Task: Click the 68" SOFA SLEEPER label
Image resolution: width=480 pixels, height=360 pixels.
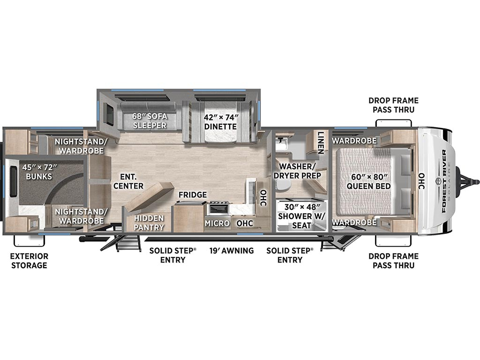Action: [x=150, y=121]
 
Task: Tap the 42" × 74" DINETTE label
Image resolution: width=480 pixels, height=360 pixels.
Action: [x=221, y=122]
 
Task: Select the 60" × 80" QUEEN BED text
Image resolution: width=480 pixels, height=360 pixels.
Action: [x=368, y=181]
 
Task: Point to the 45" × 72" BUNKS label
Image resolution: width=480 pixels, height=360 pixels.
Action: [x=39, y=172]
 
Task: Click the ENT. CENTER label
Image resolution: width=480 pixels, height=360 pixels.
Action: [x=128, y=181]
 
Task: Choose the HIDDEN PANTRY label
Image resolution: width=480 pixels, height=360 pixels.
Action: [x=149, y=223]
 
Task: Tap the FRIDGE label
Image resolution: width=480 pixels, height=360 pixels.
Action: [x=193, y=195]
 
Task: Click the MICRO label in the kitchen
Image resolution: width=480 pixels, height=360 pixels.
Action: [x=217, y=224]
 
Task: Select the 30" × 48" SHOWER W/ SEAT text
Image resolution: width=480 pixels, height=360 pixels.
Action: [x=301, y=216]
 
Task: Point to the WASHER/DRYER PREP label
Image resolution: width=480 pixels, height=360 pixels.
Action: [x=297, y=171]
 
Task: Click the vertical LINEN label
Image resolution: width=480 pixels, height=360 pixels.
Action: [x=321, y=142]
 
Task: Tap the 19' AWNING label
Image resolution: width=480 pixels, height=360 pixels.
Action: [x=232, y=251]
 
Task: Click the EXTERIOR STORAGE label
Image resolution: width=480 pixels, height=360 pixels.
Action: [x=30, y=261]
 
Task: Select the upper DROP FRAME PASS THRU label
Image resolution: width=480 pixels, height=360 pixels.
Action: [x=393, y=105]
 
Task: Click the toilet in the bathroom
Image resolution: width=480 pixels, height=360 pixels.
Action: [x=281, y=184]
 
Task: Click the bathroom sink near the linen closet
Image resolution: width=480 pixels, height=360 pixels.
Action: [x=281, y=144]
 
